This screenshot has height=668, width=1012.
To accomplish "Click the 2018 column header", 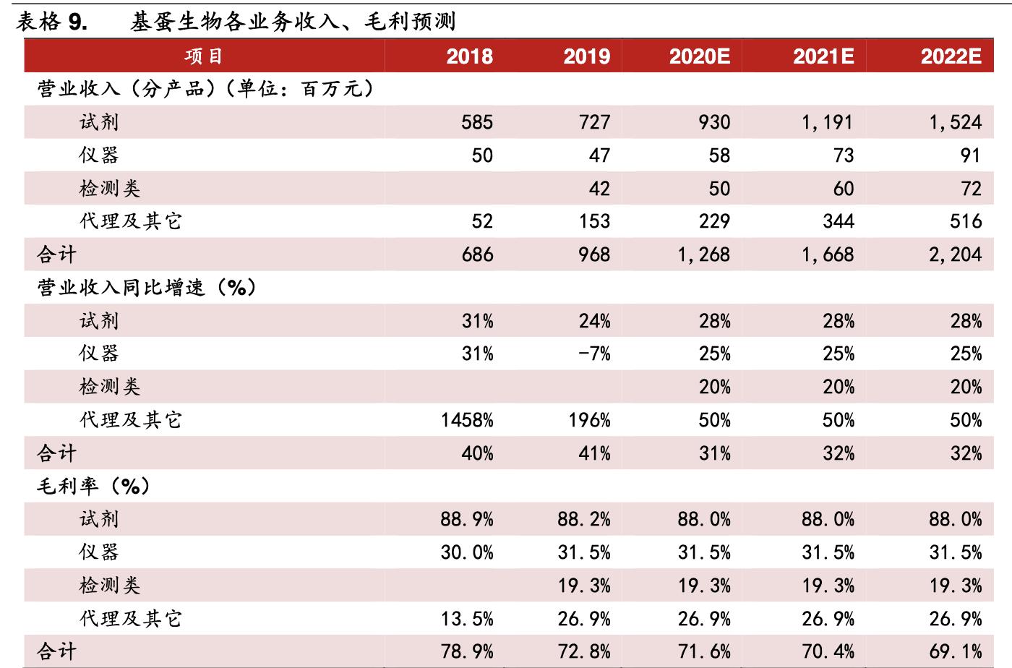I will (469, 56).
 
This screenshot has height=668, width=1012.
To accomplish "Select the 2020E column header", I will (699, 56).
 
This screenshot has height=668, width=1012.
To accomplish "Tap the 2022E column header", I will (951, 56).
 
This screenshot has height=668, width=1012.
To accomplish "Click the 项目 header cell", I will (204, 56).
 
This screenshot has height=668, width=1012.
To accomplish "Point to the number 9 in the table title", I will (76, 22).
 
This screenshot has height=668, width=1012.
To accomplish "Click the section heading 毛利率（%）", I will (94, 487).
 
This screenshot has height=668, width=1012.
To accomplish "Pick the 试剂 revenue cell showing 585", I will (477, 122).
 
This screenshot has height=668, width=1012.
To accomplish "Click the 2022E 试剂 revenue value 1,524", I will (955, 122).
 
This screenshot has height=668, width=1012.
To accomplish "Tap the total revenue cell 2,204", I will (955, 254).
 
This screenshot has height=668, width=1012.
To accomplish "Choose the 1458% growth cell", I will (467, 420).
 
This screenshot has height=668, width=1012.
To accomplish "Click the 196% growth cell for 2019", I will (589, 420).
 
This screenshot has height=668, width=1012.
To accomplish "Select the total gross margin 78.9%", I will (467, 651).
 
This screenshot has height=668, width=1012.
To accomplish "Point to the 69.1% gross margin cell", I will (955, 651).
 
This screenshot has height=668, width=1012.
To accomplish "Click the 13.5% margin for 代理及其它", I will (467, 619).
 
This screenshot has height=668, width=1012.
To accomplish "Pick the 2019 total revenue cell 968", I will (594, 254).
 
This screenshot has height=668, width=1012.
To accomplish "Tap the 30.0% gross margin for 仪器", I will (467, 552).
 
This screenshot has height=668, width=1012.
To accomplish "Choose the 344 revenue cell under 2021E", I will (838, 221).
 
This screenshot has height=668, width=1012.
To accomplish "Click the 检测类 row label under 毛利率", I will (109, 586).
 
